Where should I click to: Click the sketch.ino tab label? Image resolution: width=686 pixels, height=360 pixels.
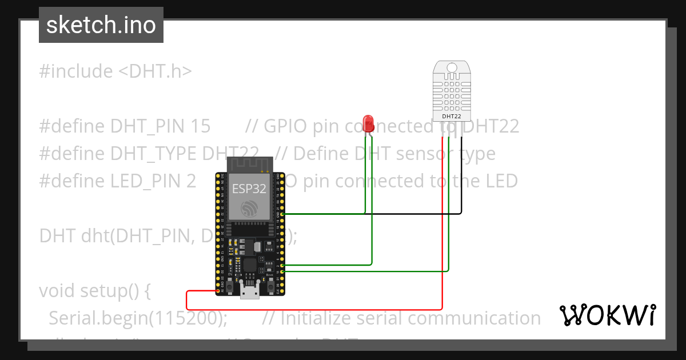pyautogui.click(x=101, y=26)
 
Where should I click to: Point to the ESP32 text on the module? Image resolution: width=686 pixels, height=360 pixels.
pyautogui.click(x=249, y=189)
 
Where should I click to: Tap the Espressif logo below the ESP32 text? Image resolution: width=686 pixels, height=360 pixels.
pyautogui.click(x=249, y=209)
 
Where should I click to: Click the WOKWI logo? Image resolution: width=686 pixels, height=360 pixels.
pyautogui.click(x=607, y=315)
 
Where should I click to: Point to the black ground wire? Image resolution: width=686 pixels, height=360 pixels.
pyautogui.click(x=400, y=214)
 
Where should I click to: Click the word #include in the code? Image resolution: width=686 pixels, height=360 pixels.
pyautogui.click(x=76, y=71)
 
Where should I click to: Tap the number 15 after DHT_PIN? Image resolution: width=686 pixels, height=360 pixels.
pyautogui.click(x=200, y=126)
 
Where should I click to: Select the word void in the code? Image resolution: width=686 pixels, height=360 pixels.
pyautogui.click(x=58, y=291)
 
